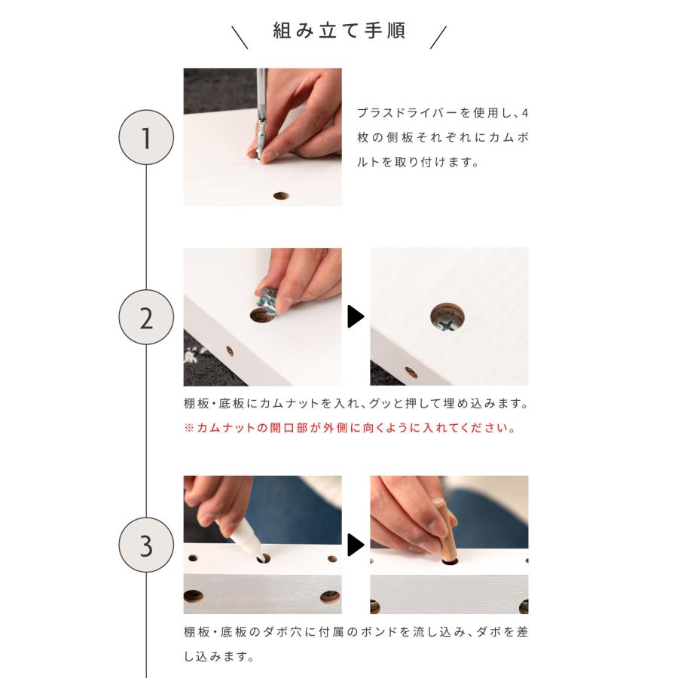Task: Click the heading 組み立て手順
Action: click(x=339, y=32)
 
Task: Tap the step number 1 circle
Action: click(x=146, y=138)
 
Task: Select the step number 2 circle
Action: click(x=146, y=317)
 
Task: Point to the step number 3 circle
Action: click(x=146, y=545)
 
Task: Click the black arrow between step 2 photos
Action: click(x=356, y=317)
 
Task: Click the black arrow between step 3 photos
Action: click(x=356, y=545)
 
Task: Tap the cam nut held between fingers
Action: click(x=267, y=300)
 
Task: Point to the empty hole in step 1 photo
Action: click(x=281, y=195)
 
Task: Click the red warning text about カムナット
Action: click(x=350, y=428)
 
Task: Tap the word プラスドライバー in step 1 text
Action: click(x=403, y=112)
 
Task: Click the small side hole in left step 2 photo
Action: click(x=230, y=351)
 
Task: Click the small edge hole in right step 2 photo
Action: click(x=411, y=372)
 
